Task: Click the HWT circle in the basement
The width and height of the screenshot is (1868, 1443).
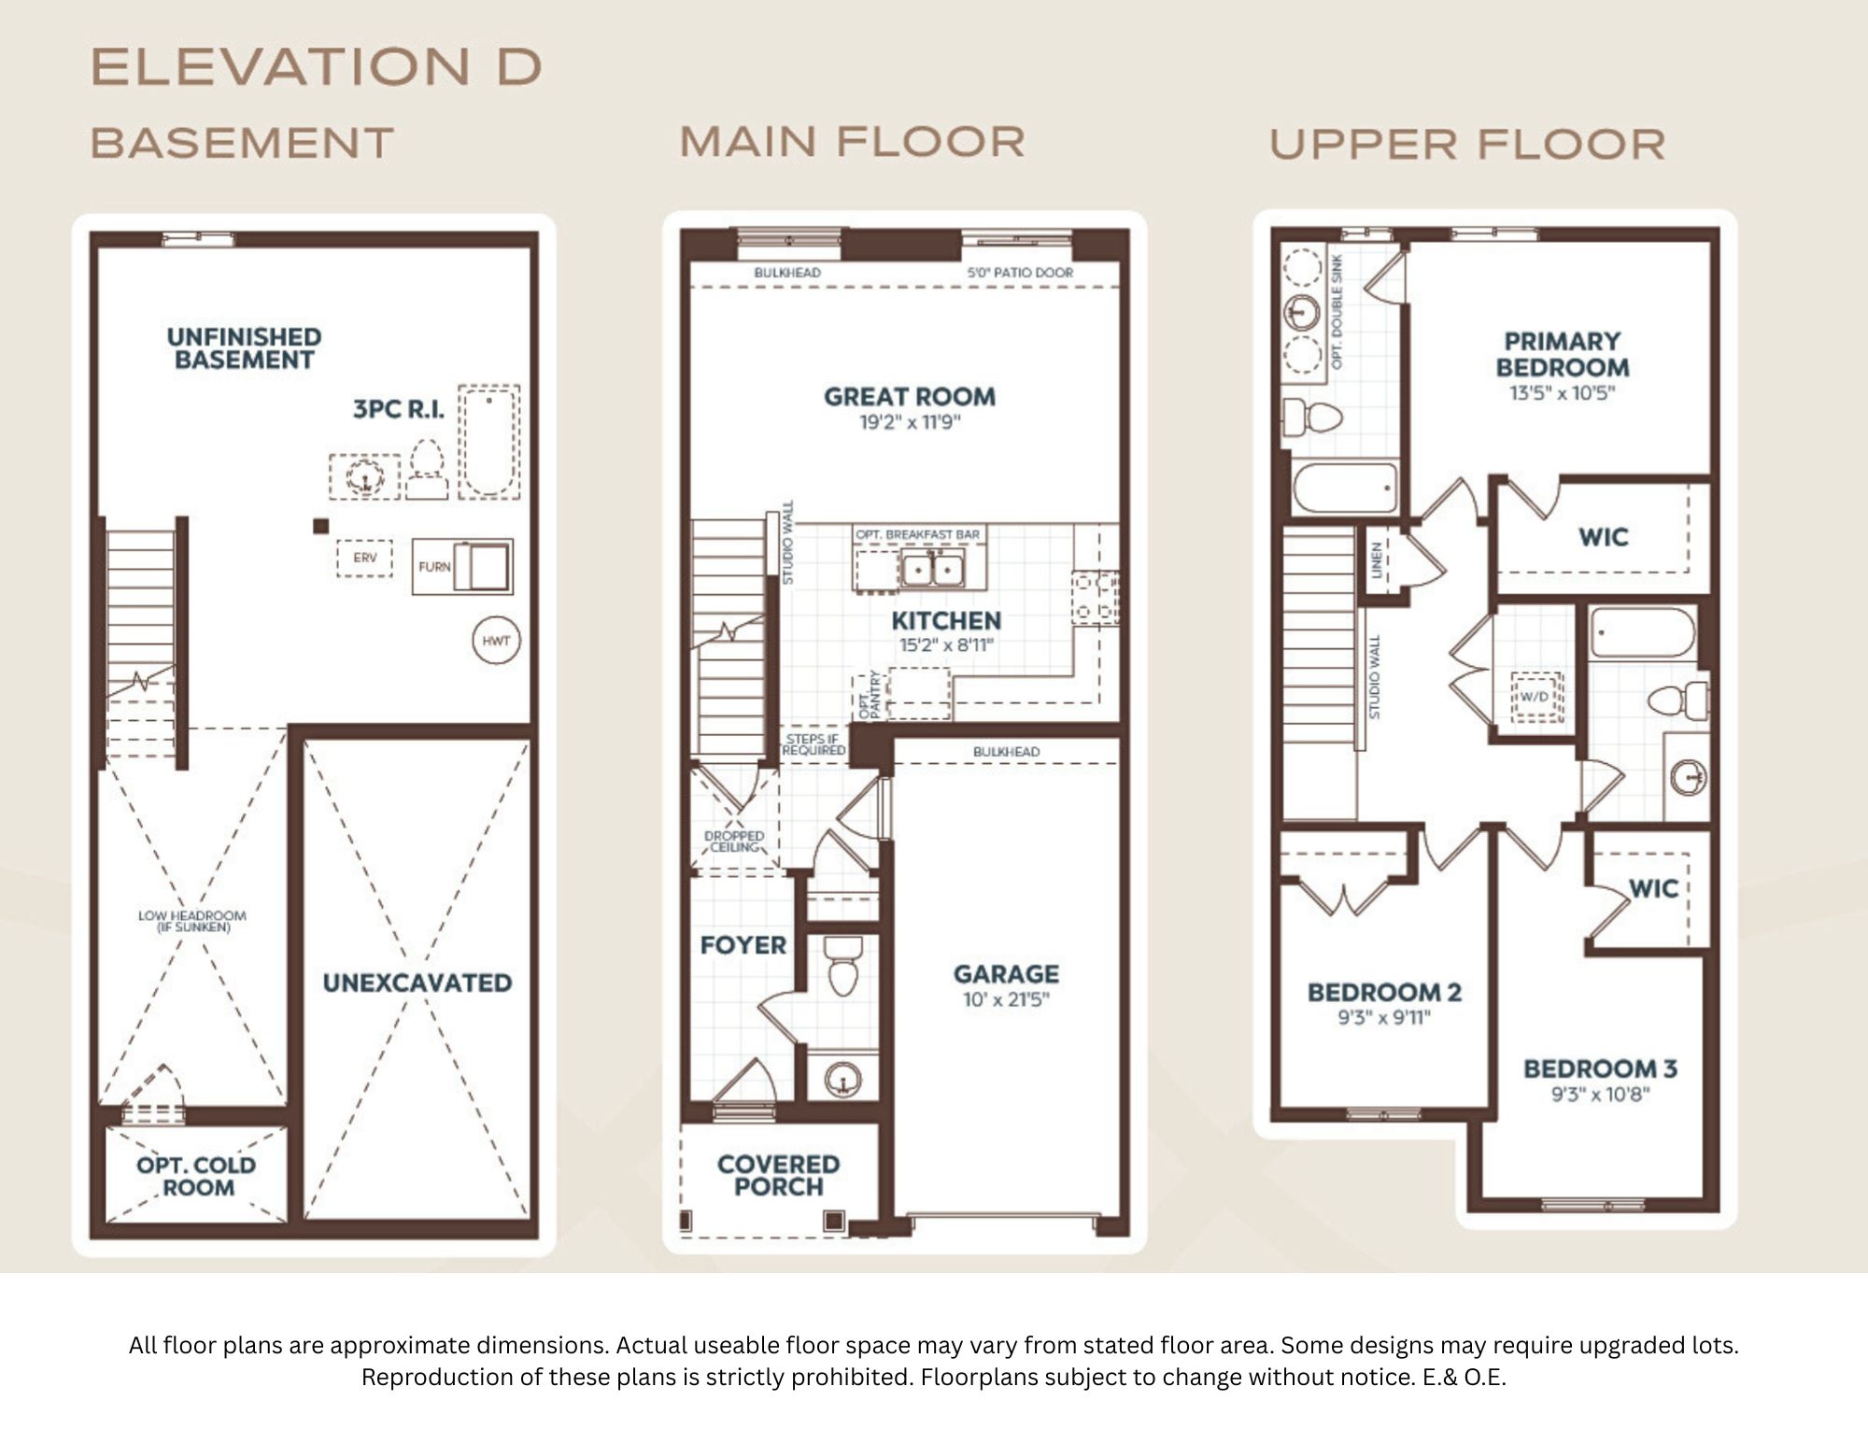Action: click(x=496, y=641)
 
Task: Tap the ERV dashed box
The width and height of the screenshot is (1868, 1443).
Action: click(x=364, y=558)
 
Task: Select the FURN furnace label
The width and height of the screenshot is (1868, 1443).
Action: click(x=434, y=567)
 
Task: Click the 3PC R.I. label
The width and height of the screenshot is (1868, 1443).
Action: click(x=398, y=409)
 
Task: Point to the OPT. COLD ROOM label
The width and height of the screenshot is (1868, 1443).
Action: click(x=196, y=1177)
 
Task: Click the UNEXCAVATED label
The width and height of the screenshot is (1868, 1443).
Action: click(x=417, y=983)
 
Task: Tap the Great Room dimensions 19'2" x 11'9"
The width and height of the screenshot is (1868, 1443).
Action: click(x=910, y=423)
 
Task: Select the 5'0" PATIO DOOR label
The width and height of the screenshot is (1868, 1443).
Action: click(x=1020, y=273)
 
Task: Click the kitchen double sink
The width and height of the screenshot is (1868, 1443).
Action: click(x=932, y=568)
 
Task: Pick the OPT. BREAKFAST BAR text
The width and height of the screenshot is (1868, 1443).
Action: click(x=918, y=534)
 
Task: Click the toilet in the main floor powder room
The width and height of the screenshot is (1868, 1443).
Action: click(x=842, y=967)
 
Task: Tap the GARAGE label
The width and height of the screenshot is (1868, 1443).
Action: click(x=1006, y=974)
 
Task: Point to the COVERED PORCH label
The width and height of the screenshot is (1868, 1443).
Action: click(x=778, y=1176)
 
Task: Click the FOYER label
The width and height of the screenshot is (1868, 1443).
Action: click(x=743, y=945)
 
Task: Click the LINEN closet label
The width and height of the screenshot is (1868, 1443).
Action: click(x=1376, y=560)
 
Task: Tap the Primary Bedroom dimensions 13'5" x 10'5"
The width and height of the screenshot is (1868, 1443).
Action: click(x=1562, y=393)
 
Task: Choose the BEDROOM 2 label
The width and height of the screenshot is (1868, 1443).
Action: click(x=1384, y=992)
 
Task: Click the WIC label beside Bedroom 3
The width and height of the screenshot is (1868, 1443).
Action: click(x=1653, y=888)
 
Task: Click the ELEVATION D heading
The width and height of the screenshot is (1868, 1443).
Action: click(x=316, y=66)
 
